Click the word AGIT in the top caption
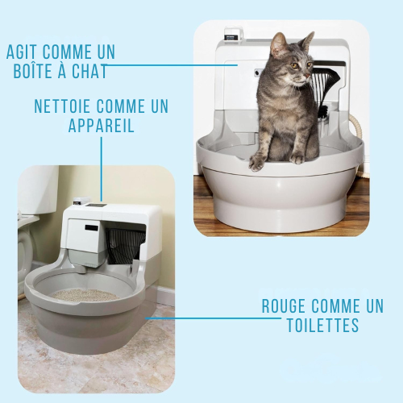click(x=23, y=52)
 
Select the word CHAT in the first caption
click(x=89, y=71)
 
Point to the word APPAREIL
click(x=102, y=125)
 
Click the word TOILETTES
click(x=322, y=325)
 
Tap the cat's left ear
click(x=279, y=42)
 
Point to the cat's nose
click(x=306, y=76)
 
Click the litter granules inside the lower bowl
click(x=85, y=295)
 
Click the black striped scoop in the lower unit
click(x=125, y=246)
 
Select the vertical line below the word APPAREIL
click(x=102, y=169)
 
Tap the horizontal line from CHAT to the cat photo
click(x=171, y=64)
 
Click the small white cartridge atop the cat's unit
click(x=233, y=33)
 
